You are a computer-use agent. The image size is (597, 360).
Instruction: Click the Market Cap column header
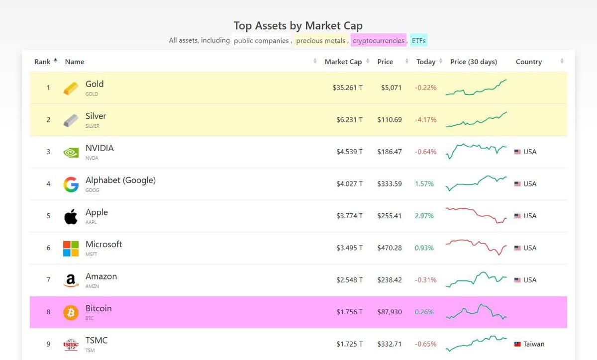tap(343, 62)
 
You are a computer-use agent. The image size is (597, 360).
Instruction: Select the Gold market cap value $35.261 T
tap(347, 88)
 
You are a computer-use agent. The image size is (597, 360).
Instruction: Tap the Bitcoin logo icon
tap(71, 312)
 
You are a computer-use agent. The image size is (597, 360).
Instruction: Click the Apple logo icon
tap(71, 216)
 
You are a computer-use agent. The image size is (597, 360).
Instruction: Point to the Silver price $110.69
tap(389, 120)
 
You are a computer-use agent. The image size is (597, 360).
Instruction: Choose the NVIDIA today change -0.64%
tap(425, 152)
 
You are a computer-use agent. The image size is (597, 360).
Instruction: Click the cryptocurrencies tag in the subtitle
tap(378, 41)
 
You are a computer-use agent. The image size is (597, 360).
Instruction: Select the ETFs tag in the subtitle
tap(419, 41)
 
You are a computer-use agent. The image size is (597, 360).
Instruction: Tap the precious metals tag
tap(320, 41)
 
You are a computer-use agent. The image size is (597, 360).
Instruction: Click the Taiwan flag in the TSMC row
tap(517, 344)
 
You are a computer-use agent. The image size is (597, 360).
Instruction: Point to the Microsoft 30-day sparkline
tap(476, 247)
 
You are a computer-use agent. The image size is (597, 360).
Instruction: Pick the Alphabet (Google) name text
tap(120, 180)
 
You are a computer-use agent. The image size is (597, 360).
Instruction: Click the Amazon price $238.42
tap(389, 280)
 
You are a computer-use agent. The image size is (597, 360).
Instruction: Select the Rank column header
tap(42, 62)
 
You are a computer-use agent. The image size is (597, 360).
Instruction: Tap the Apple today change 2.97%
tap(424, 216)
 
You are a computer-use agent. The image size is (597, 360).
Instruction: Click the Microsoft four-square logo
tap(71, 248)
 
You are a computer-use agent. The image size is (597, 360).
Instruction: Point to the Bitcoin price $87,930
tap(390, 312)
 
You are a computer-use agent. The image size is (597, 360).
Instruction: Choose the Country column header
tap(528, 62)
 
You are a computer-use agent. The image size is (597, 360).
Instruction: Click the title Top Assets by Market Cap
tap(298, 25)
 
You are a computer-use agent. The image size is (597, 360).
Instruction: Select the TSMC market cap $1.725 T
tap(349, 344)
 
